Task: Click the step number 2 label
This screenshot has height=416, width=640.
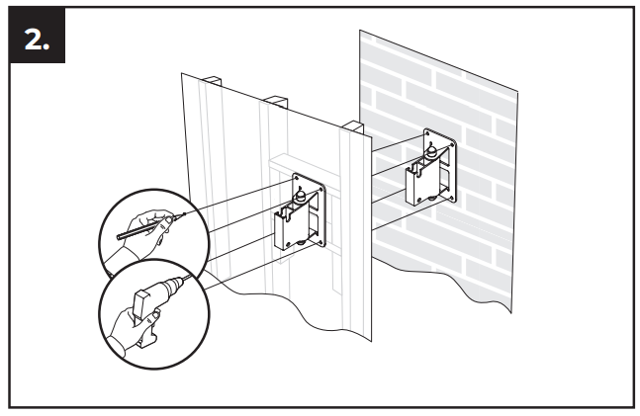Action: tap(37, 40)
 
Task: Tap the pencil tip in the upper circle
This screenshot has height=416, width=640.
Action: tap(176, 217)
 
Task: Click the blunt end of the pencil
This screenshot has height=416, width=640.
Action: tap(119, 236)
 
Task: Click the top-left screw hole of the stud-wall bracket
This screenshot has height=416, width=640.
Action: tap(296, 178)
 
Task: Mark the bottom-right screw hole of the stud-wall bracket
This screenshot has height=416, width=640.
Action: tap(320, 244)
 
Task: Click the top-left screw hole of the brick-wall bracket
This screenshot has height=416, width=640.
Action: tap(427, 133)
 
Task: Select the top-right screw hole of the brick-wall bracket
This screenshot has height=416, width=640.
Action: tap(451, 144)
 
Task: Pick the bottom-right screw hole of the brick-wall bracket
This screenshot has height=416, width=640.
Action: tap(451, 198)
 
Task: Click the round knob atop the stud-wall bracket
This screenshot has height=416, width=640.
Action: tap(301, 197)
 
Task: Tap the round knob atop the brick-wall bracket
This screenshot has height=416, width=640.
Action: tap(431, 152)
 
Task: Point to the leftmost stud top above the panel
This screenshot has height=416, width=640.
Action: tap(211, 80)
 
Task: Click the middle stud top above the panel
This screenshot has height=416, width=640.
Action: tap(276, 101)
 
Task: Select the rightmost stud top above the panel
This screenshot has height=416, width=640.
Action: tap(352, 126)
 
